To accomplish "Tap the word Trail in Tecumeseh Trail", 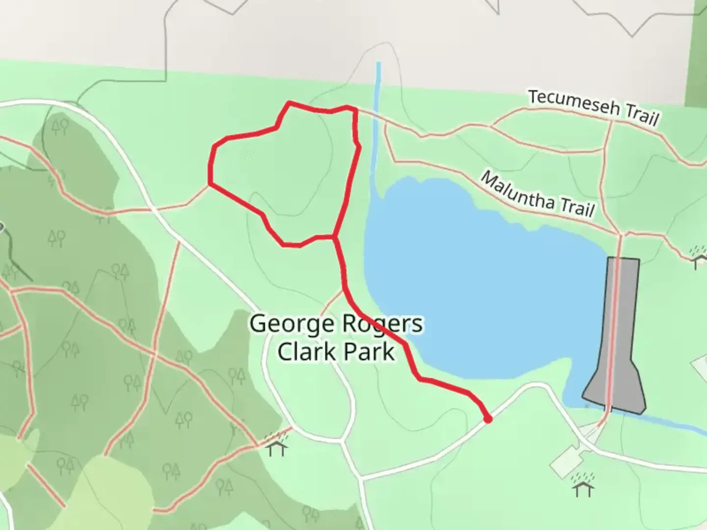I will (x=641, y=115).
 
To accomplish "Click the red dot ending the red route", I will (x=488, y=419).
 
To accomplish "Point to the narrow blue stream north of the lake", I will (x=378, y=123).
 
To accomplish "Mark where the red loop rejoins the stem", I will (x=335, y=238).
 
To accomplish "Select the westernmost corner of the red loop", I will (x=210, y=184).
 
